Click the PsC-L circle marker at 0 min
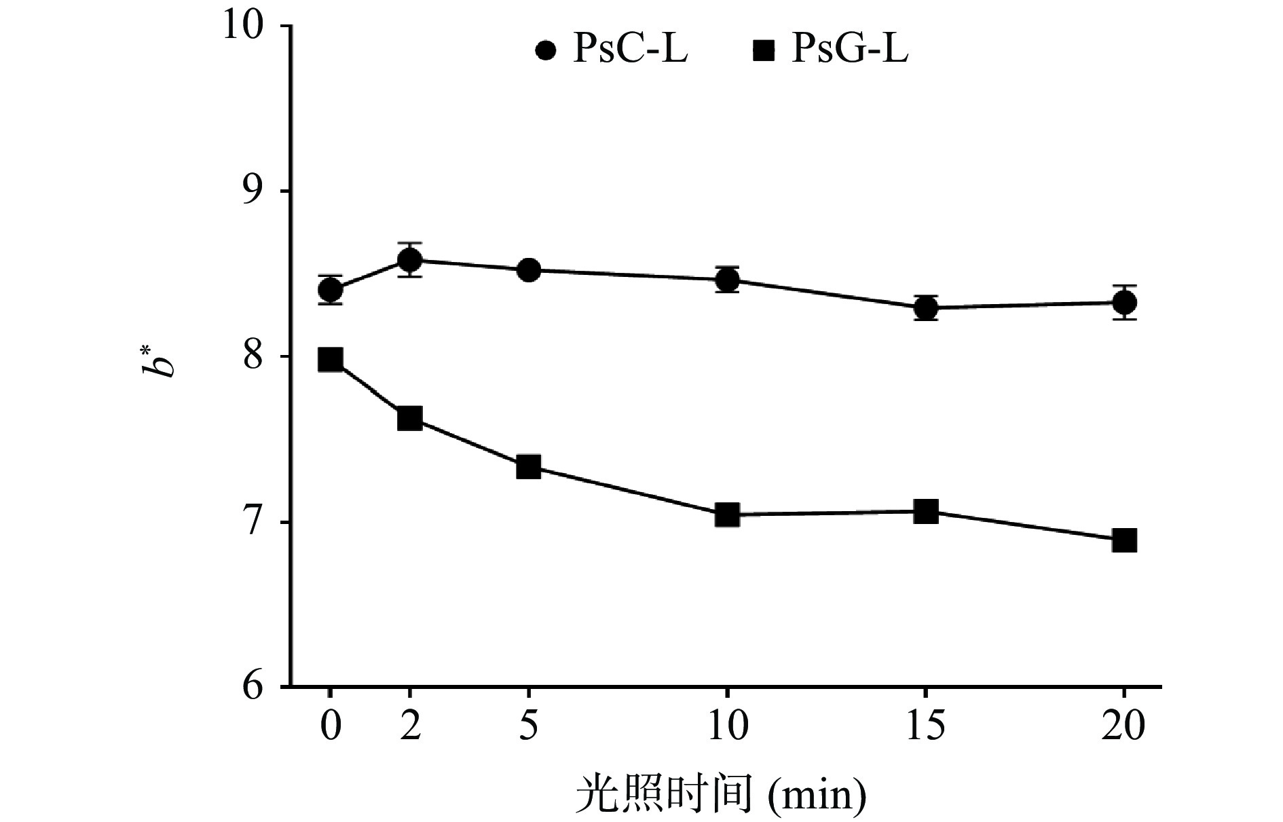[x=330, y=291]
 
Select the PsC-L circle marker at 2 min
[x=409, y=260]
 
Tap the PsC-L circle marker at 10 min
[x=727, y=280]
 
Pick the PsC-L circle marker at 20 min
[x=1124, y=303]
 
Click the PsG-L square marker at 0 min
[x=330, y=360]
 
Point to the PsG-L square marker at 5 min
[x=528, y=467]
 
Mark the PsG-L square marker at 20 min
[x=1124, y=541]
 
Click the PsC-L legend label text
[x=631, y=50]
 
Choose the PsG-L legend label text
[x=849, y=50]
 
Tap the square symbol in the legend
[x=764, y=51]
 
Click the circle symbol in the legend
[x=546, y=51]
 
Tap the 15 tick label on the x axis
[x=925, y=726]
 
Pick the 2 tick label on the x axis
[x=409, y=726]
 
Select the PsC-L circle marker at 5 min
[x=528, y=270]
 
